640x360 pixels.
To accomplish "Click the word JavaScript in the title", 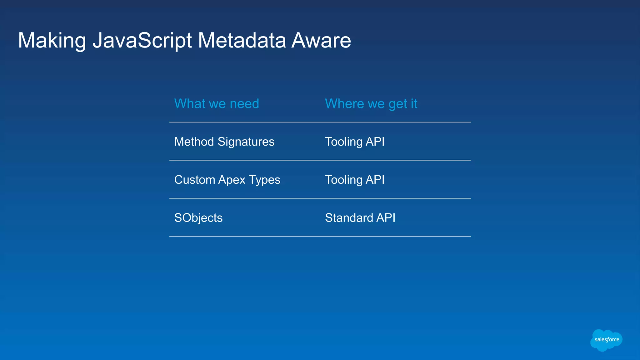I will pyautogui.click(x=142, y=41).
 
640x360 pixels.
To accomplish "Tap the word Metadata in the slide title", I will pyautogui.click(x=242, y=41).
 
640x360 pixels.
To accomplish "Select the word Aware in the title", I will pyautogui.click(x=321, y=41).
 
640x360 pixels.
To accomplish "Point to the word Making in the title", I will pyautogui.click(x=52, y=41).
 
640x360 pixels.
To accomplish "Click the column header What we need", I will pyautogui.click(x=217, y=104).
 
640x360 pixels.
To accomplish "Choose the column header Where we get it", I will pyautogui.click(x=371, y=104).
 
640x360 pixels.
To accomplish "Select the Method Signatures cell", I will pyautogui.click(x=224, y=142).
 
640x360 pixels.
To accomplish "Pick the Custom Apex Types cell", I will pyautogui.click(x=227, y=180).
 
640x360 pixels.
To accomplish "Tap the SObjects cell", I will pyautogui.click(x=198, y=218).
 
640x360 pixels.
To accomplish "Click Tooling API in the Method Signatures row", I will pyautogui.click(x=355, y=142).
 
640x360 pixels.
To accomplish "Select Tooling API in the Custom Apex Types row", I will pyautogui.click(x=355, y=180).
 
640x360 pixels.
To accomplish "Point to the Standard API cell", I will pyautogui.click(x=360, y=218).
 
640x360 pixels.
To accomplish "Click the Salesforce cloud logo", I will pyautogui.click(x=606, y=340).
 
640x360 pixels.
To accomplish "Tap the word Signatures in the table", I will pyautogui.click(x=246, y=142).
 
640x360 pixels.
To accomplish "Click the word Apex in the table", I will pyautogui.click(x=232, y=180).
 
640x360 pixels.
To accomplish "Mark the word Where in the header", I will pyautogui.click(x=345, y=104).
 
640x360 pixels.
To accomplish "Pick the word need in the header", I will pyautogui.click(x=244, y=104).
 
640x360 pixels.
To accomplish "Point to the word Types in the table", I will pyautogui.click(x=265, y=180).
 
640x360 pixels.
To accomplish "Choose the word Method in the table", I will pyautogui.click(x=194, y=142).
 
